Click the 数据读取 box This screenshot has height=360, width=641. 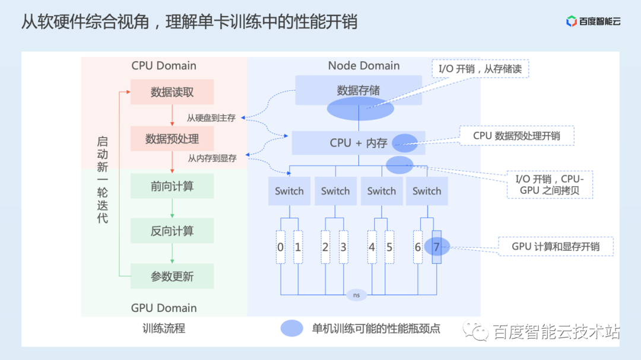pos(172,92)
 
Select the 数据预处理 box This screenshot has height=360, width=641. pos(172,139)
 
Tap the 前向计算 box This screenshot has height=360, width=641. pos(172,186)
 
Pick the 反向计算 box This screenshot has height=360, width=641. pos(172,231)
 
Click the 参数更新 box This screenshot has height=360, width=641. pos(172,276)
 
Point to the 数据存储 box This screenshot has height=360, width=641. pos(358,90)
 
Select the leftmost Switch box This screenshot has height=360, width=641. pos(289,191)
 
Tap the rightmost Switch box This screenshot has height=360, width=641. pos(427,191)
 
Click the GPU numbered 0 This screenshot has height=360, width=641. pos(281,247)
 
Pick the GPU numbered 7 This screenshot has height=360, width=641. pos(437,247)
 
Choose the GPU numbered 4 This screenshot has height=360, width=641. pos(372,247)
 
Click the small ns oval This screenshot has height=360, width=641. pos(356,295)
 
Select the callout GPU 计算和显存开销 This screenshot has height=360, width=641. pos(555,247)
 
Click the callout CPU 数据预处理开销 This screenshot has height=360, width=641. pos(516,135)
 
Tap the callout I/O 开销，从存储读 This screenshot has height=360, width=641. pos(479,68)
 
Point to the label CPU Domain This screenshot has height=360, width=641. pos(164,66)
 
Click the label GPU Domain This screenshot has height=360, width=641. pos(164,308)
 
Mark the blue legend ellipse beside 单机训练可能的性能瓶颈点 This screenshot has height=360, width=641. pos(292,329)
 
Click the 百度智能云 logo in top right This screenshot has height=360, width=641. pos(593,22)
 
